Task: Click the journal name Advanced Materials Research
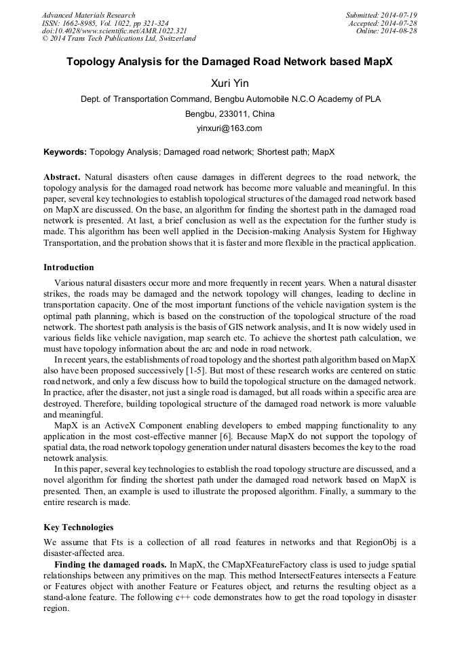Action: point(88,15)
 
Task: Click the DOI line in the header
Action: point(114,31)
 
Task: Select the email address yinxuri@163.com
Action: point(229,128)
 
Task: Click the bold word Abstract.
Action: point(62,175)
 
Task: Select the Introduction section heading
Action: point(69,267)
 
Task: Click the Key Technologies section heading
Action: point(78,527)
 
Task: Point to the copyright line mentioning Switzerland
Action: point(119,39)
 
